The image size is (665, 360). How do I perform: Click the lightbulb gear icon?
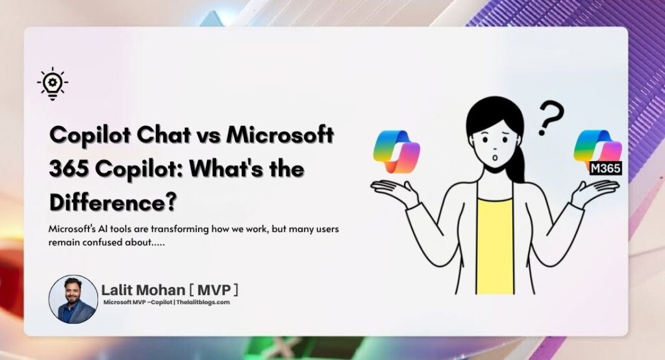coord(53,83)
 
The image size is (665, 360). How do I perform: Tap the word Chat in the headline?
coord(164,135)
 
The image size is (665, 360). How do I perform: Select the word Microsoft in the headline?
coord(280,135)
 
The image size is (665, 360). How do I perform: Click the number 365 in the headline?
coord(69,169)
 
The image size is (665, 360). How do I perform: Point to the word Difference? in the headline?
coord(113,202)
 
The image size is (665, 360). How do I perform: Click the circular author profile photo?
coord(73,299)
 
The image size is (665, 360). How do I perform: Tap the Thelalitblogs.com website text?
coord(203,302)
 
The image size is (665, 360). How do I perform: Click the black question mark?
coord(551,118)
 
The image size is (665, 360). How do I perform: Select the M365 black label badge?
coord(606,168)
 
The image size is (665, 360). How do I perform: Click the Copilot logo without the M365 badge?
coord(396,151)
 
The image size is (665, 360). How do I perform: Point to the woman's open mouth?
coord(495,158)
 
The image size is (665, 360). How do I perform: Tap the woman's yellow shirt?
coord(494,246)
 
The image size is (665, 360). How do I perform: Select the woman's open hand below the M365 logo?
coord(594,192)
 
